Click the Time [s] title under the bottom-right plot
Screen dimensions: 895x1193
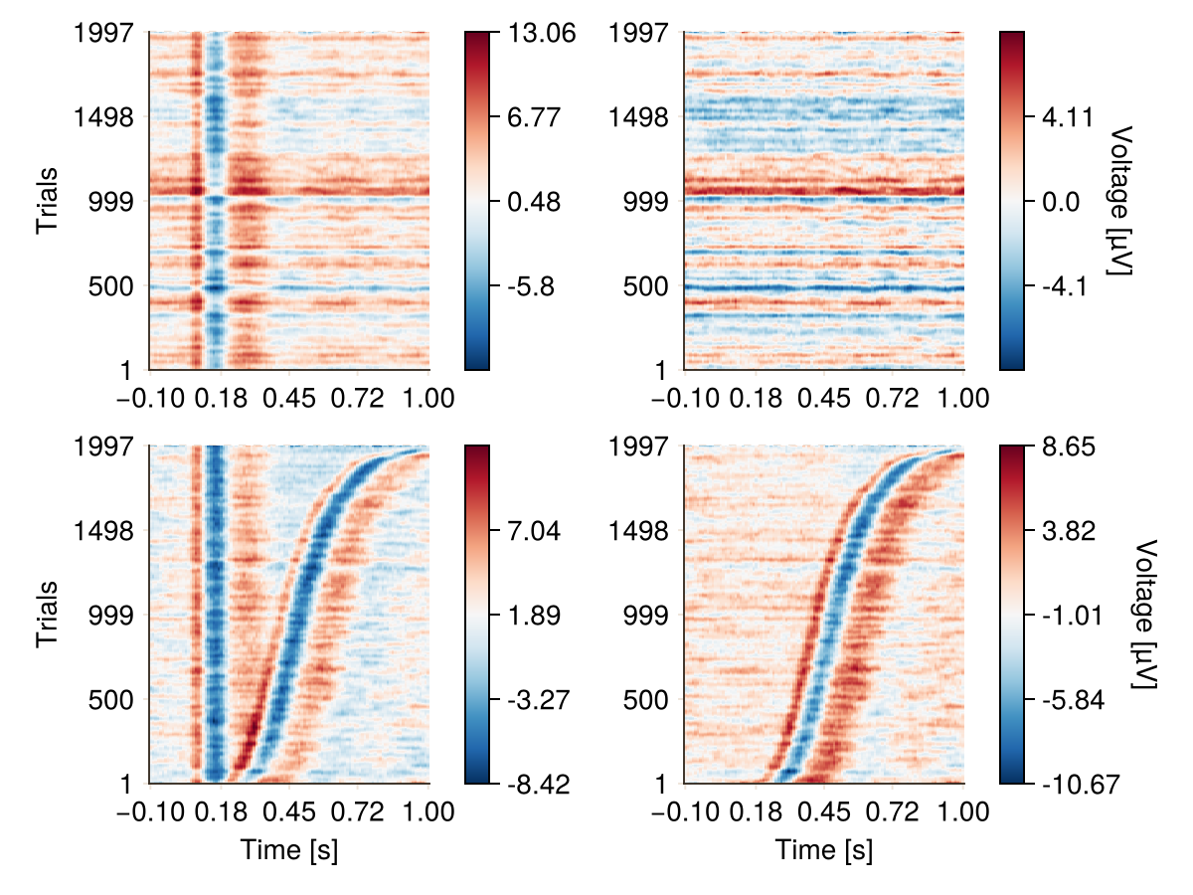coord(824,850)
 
